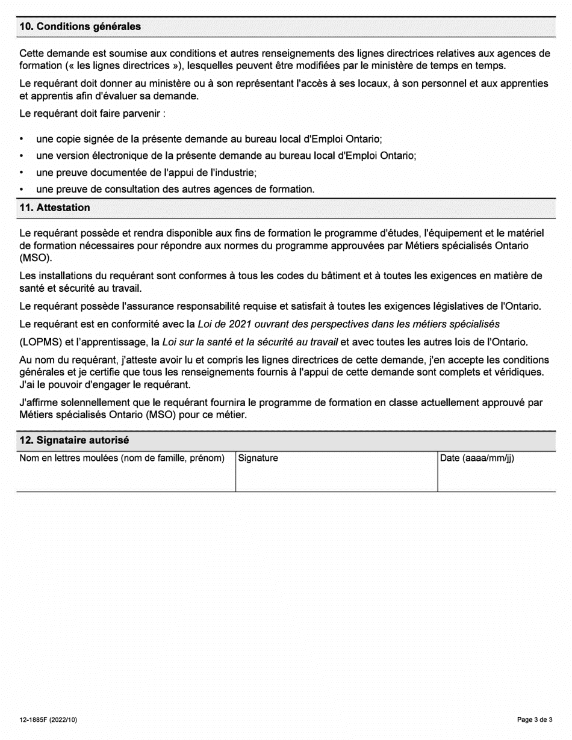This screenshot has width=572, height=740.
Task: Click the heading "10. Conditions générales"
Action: click(x=80, y=26)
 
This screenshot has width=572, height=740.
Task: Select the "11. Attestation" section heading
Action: click(x=55, y=208)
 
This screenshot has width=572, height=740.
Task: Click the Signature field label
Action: click(x=258, y=458)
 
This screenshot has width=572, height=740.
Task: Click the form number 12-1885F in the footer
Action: click(x=48, y=720)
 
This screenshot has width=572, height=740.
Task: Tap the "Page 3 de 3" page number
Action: click(x=535, y=720)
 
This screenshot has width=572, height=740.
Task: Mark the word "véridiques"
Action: click(x=522, y=372)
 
